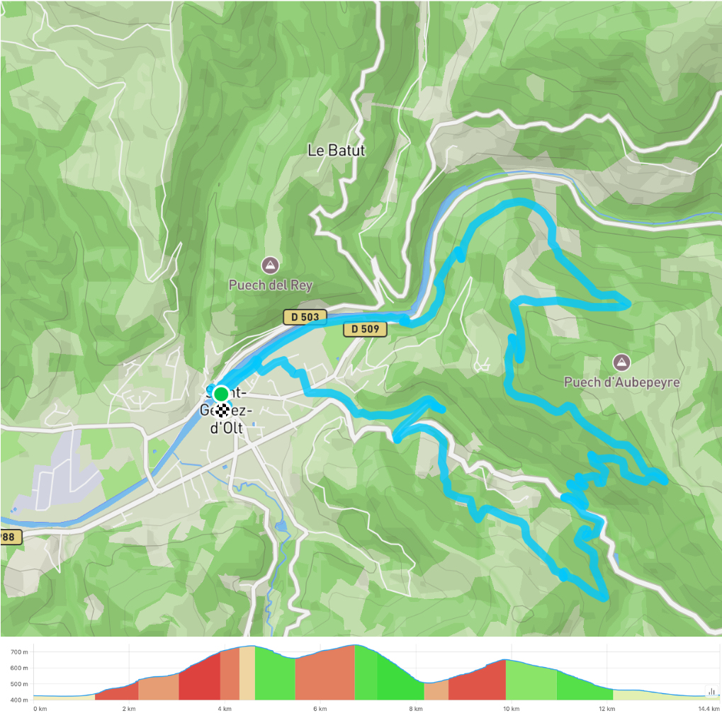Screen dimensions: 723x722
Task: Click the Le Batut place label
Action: point(337,150)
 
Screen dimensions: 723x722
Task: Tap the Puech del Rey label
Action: point(270,285)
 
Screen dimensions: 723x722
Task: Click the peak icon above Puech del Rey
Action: point(269,266)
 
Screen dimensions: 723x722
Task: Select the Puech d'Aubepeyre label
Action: point(621,382)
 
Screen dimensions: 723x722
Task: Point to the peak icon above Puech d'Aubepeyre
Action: point(621,363)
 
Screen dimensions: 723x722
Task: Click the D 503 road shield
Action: point(305,317)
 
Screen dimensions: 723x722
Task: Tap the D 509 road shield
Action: point(366,329)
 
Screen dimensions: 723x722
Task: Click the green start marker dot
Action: point(221,393)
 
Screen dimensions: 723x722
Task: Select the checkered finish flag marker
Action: point(223,409)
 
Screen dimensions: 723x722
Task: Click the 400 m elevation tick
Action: point(19,700)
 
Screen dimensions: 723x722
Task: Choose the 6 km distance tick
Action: point(320,709)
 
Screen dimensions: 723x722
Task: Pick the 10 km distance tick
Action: point(511,709)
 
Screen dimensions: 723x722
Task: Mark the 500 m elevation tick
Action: point(19,684)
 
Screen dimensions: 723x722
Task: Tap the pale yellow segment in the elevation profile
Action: point(247,673)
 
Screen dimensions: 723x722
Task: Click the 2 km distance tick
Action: point(128,709)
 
